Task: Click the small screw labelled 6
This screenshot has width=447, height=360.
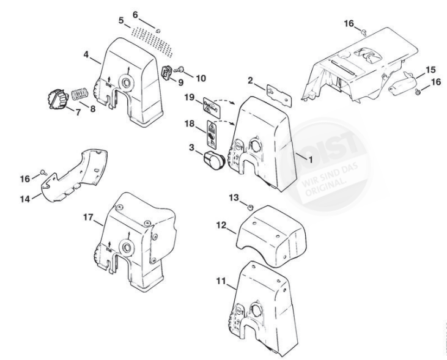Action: point(157,30)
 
